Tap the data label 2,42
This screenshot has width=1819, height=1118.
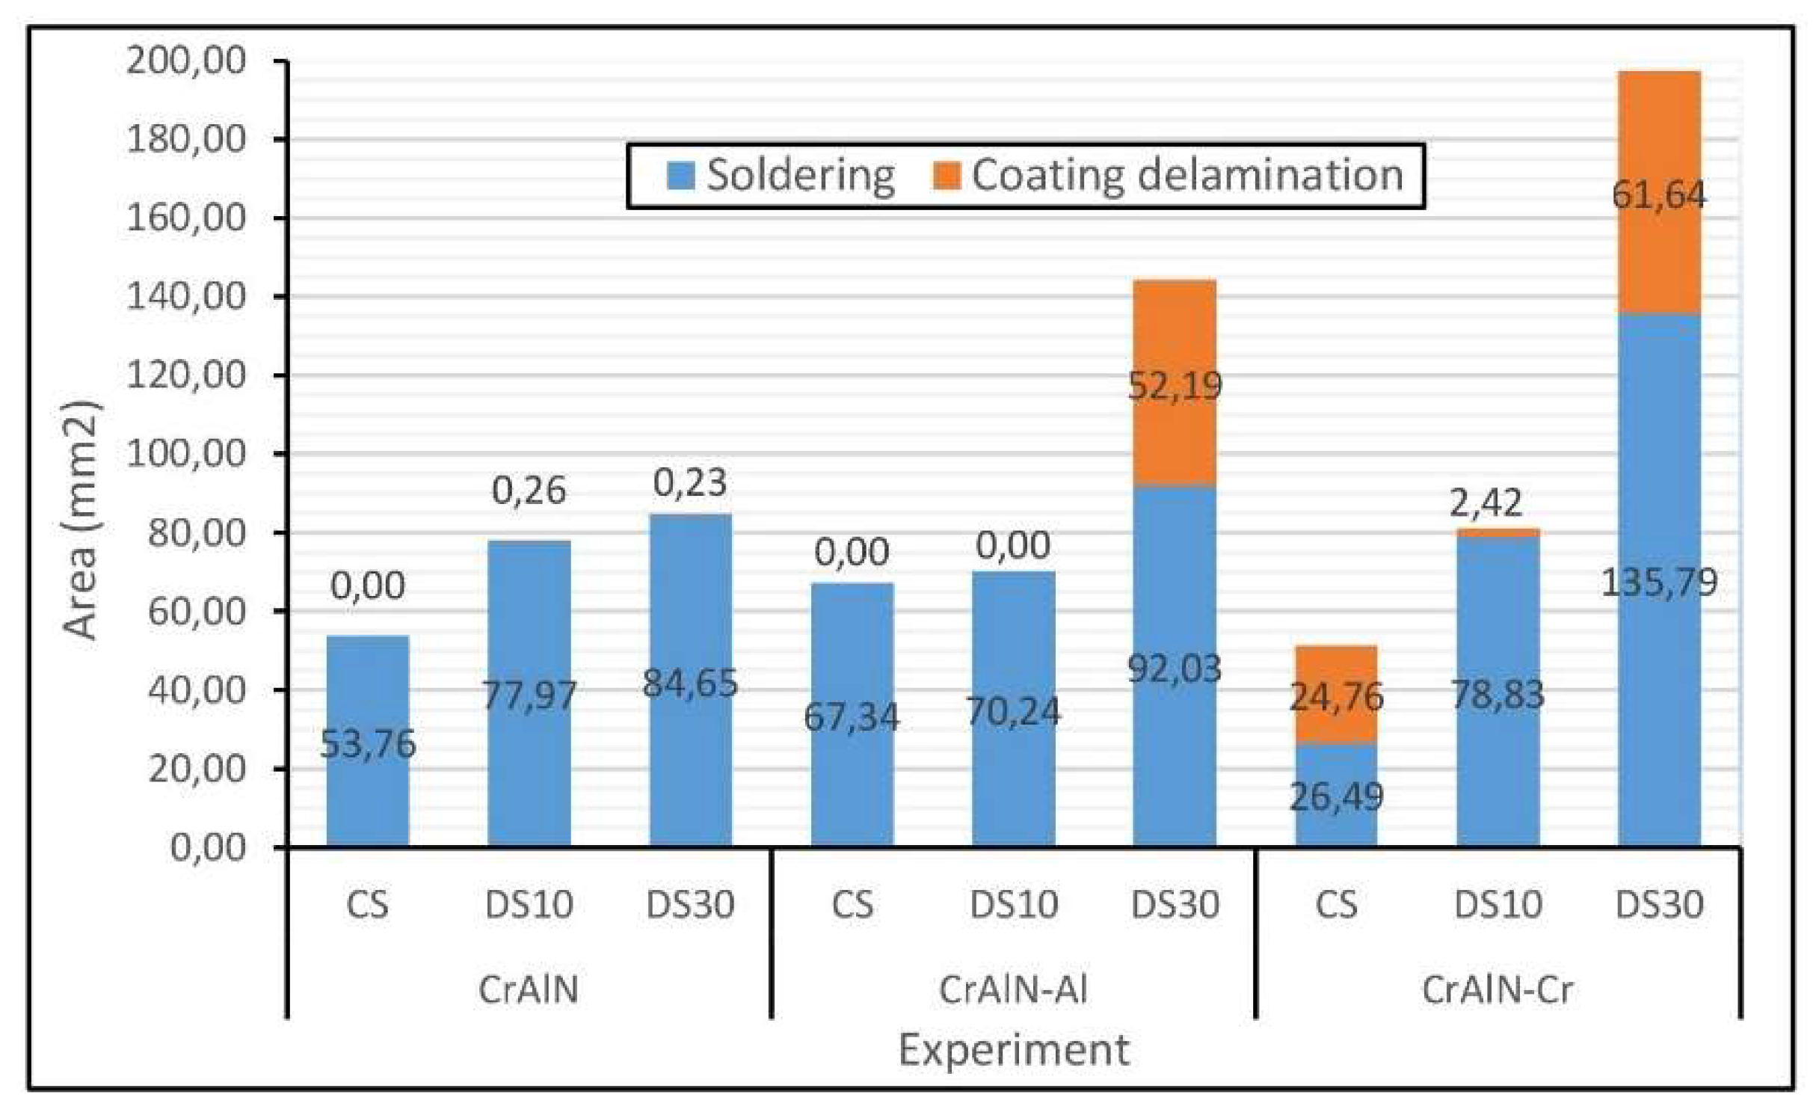pyautogui.click(x=1485, y=503)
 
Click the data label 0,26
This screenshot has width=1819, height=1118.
pyautogui.click(x=529, y=491)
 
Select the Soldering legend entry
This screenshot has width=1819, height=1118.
pyautogui.click(x=781, y=176)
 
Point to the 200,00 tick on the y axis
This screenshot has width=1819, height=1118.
pyautogui.click(x=186, y=61)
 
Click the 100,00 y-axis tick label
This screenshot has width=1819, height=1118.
pyautogui.click(x=186, y=454)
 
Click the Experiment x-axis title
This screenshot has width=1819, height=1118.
pyautogui.click(x=1013, y=1050)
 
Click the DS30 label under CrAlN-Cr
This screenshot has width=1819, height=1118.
pyautogui.click(x=1659, y=905)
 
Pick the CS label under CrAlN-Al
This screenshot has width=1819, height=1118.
pyautogui.click(x=852, y=905)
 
